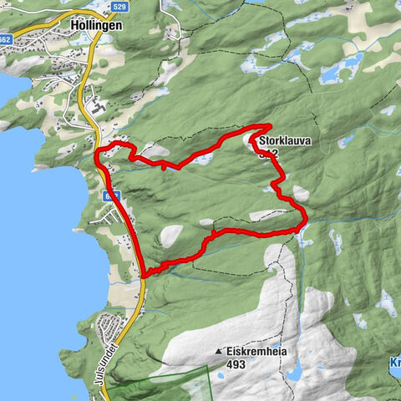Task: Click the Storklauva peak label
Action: click(285, 142)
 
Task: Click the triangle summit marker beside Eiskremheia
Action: click(219, 352)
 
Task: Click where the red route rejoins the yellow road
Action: click(145, 274)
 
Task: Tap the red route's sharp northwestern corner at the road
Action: click(99, 152)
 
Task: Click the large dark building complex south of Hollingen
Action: click(99, 109)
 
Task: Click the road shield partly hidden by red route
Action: click(111, 194)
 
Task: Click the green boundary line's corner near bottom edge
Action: click(206, 368)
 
